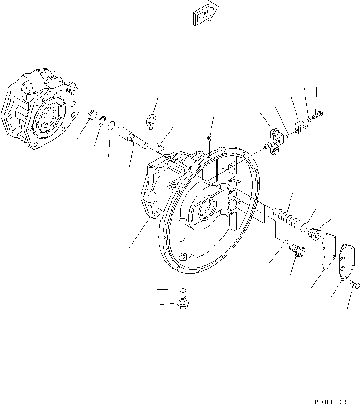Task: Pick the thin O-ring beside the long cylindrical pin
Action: (x=111, y=126)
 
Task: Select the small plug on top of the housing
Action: (x=208, y=137)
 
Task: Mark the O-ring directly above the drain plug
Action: (x=183, y=289)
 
